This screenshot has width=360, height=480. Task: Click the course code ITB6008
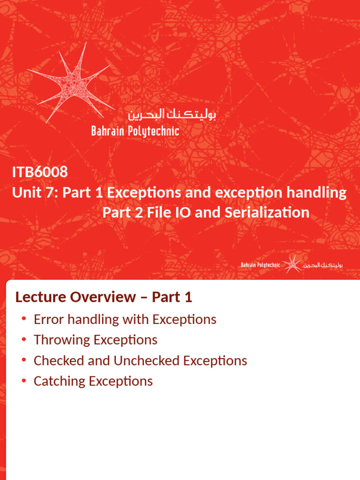point(40,172)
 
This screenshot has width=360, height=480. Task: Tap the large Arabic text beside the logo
point(171,114)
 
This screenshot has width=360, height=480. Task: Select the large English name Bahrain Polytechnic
point(135,131)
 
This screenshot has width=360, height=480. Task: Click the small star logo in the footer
point(292,265)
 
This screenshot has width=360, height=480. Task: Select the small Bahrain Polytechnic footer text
point(261,265)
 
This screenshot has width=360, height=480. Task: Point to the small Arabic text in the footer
point(323,265)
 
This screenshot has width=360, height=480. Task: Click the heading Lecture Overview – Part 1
point(104,297)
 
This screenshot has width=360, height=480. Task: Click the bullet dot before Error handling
point(24,319)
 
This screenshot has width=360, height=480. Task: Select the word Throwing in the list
point(62,340)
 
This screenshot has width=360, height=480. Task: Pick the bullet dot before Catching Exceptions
point(24,381)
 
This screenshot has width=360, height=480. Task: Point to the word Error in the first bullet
point(49,319)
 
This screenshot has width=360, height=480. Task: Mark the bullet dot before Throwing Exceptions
point(24,340)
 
